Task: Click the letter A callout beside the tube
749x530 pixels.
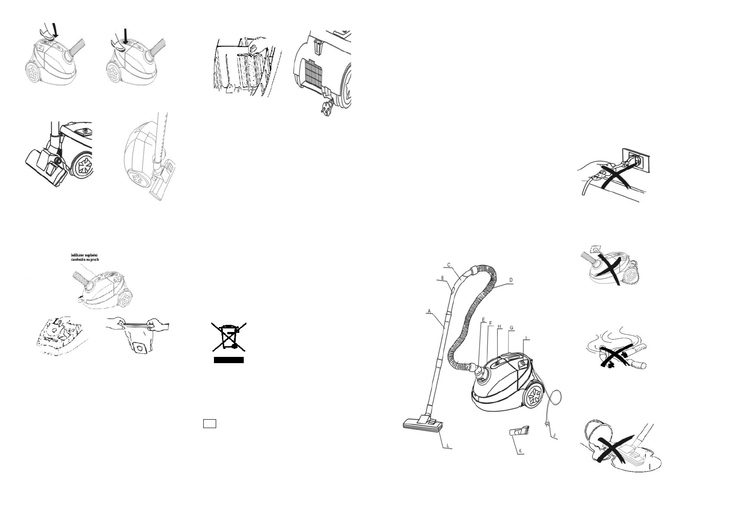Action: (429, 312)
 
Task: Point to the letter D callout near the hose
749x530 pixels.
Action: (511, 280)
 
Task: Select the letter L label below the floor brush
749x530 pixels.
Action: (448, 445)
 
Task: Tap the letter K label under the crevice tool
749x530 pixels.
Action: (520, 451)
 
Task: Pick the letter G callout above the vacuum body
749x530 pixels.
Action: (511, 328)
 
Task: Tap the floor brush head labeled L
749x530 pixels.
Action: (423, 425)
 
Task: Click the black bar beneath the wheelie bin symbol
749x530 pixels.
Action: (229, 360)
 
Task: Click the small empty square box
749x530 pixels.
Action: (209, 423)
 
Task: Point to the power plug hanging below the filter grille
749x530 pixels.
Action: (326, 107)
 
